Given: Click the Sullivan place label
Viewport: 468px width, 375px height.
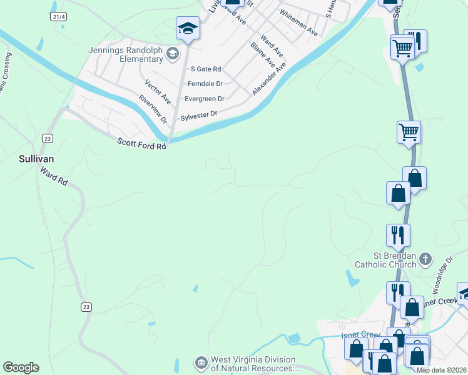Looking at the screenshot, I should (36, 159).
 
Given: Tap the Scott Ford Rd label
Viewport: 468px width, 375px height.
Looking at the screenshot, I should (142, 144).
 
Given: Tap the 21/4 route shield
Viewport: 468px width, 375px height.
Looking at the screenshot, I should (59, 17).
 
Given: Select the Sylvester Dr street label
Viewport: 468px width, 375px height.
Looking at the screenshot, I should (198, 116).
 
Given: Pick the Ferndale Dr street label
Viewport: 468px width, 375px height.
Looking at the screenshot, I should (206, 83).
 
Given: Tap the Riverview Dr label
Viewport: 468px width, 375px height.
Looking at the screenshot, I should (153, 107).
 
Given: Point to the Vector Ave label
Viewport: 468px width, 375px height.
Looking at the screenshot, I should (158, 91).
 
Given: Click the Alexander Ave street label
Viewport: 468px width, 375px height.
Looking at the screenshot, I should (269, 78).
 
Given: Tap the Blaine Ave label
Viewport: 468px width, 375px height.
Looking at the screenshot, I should (262, 54).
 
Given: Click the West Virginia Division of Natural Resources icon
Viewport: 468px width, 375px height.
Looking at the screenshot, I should (201, 362).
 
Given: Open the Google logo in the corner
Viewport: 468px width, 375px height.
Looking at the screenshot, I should (21, 367).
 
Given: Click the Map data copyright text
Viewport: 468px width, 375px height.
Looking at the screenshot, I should (442, 370).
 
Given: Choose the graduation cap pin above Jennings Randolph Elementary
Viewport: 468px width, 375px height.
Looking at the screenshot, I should (188, 27).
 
